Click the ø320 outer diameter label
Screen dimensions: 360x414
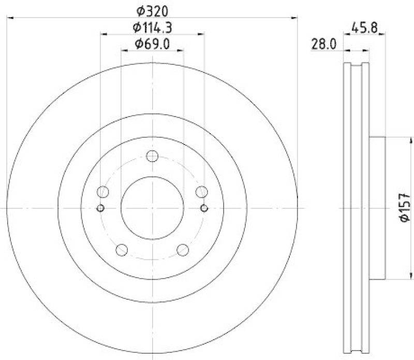pos(152,10)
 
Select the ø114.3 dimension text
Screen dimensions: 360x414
pos(152,27)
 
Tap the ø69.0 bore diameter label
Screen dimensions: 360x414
pos(152,44)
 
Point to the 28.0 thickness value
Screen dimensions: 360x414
pos(324,44)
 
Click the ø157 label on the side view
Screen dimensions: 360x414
pos(405,208)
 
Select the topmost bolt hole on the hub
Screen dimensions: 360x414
pos(152,156)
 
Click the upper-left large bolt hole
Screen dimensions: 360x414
pos(103,192)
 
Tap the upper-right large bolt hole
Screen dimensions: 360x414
pos(201,192)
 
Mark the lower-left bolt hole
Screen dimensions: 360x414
pos(122,250)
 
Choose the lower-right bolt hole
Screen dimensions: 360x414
pos(182,250)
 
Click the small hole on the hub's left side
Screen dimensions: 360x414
pos(101,208)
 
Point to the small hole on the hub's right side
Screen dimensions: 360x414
pos(203,208)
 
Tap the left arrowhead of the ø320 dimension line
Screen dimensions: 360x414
pos(9,19)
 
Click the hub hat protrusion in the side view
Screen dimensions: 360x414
pos(377,208)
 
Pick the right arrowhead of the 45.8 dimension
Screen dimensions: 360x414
pos(382,35)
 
